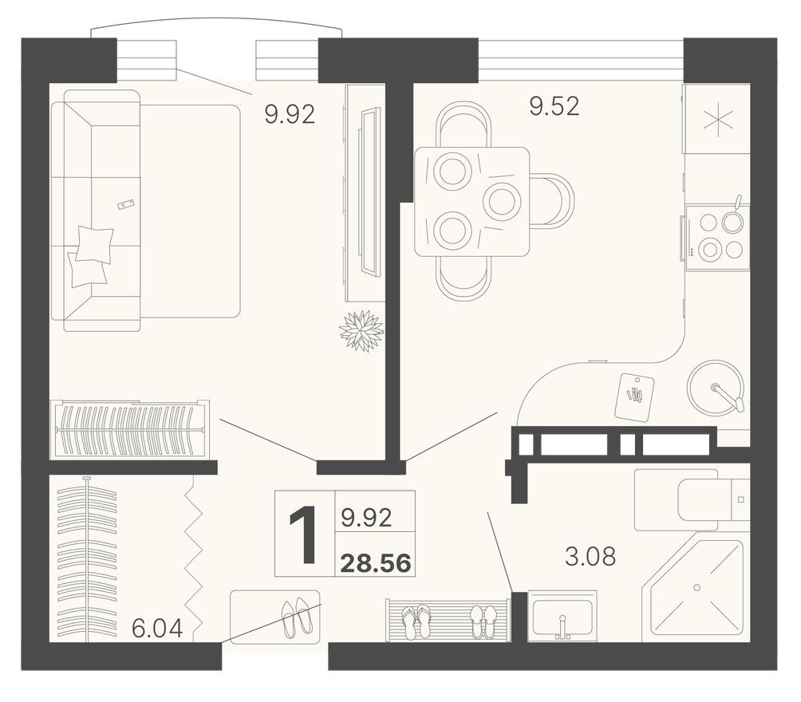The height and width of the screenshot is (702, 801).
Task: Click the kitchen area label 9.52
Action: coord(554,105)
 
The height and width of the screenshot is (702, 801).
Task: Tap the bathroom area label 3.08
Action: coord(590,556)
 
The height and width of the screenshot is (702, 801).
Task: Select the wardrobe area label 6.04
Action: coord(157,629)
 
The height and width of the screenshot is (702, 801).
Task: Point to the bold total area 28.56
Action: coord(376,563)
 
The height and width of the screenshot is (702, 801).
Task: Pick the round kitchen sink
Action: coord(716,387)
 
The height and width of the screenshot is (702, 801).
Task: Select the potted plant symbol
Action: coord(361,330)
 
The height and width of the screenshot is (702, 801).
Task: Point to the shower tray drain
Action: coord(696,587)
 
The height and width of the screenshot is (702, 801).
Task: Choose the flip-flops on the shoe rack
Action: coord(416,621)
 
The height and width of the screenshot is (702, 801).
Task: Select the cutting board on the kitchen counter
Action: coord(635,396)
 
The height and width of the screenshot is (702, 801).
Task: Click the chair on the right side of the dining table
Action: coord(552,201)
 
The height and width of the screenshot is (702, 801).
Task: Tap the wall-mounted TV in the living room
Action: coord(369,192)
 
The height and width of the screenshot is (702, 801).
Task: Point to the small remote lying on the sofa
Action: coord(126,205)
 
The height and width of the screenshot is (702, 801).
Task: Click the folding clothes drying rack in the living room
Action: coord(130,429)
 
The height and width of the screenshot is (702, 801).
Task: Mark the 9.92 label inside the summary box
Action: coord(366,519)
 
